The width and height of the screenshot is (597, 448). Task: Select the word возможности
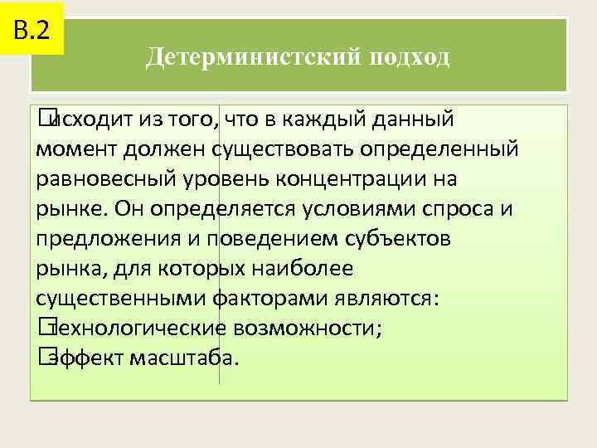[x=319, y=329]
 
